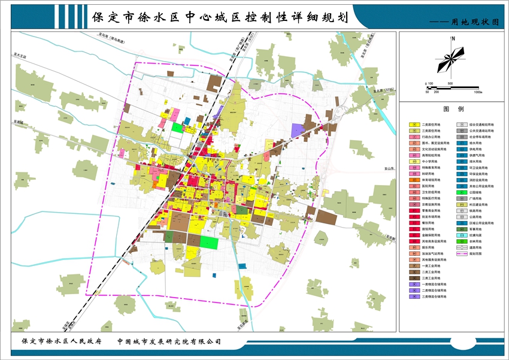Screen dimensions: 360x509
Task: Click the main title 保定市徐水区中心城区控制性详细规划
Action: (x=221, y=17)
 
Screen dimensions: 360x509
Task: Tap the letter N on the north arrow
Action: (x=455, y=39)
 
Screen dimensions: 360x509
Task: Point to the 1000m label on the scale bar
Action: (x=477, y=92)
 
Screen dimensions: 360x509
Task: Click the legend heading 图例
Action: (x=453, y=110)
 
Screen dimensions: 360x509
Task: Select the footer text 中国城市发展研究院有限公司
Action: (x=169, y=340)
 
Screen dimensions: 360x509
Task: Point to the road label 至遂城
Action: (x=18, y=122)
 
